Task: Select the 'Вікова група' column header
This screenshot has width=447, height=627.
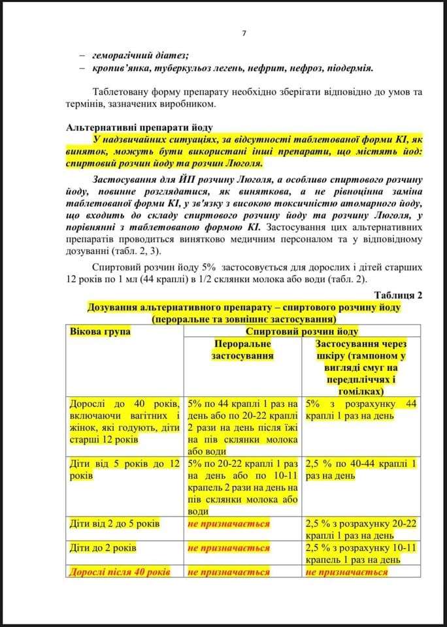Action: [100, 332]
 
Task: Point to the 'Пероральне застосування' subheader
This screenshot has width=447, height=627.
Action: [243, 349]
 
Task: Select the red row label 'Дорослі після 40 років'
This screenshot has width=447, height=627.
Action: [119, 571]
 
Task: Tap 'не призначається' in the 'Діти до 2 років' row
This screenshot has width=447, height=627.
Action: [228, 548]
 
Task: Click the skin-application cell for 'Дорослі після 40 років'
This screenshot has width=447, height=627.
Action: [346, 571]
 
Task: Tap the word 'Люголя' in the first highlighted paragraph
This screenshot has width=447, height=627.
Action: [242, 163]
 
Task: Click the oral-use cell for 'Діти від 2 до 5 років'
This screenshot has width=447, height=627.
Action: [228, 523]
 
